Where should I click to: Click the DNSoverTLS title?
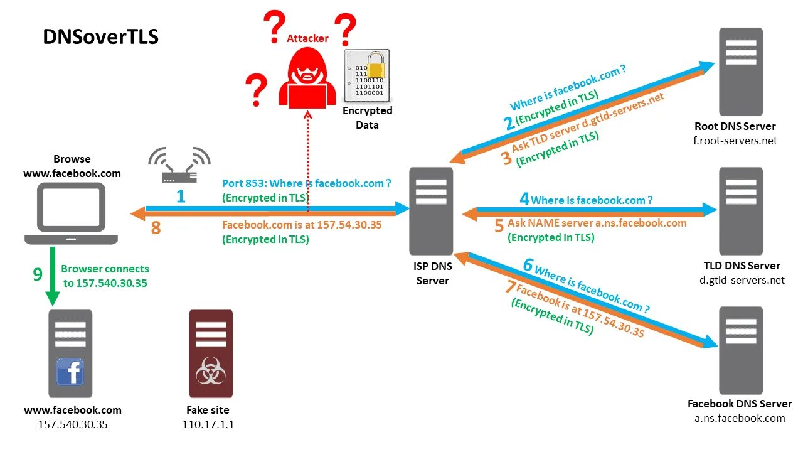coord(100,36)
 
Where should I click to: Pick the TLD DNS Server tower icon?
coord(740,210)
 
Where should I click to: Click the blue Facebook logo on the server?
coord(70,371)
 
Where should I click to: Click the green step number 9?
coord(38,274)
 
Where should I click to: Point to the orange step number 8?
coord(156,229)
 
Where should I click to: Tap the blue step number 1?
coord(181,196)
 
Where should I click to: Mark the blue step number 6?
coord(527,266)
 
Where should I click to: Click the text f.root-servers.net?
coord(735,141)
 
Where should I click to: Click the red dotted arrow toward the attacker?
coord(307,157)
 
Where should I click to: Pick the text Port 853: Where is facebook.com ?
coord(307,183)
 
